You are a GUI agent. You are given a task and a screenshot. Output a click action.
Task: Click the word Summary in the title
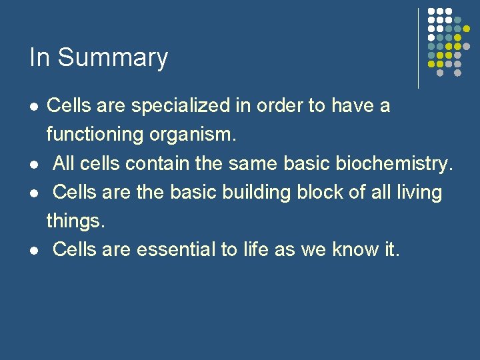pos(113,58)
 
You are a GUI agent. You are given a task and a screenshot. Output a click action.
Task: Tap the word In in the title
pos(40,57)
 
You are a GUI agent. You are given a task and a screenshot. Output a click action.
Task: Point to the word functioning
pos(95,135)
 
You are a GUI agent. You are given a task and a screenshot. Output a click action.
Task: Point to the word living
pos(417,192)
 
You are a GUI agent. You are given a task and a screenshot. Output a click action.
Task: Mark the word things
pos(75,221)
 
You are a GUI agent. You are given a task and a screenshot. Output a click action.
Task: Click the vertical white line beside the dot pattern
pos(419,48)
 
